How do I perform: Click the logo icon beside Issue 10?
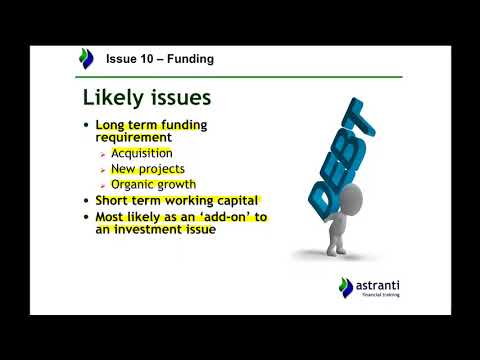point(87,59)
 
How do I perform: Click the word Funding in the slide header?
point(189,59)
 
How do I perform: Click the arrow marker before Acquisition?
point(103,154)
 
